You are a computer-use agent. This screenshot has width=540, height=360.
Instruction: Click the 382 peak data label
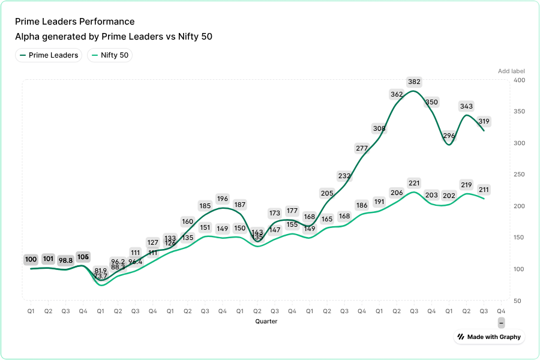[x=414, y=82]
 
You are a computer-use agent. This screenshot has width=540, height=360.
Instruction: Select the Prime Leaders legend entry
[x=49, y=55]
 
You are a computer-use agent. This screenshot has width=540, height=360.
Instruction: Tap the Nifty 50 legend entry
[x=110, y=55]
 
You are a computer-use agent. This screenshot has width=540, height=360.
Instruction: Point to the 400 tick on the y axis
[x=519, y=80]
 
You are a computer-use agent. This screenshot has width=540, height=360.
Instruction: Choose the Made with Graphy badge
[x=489, y=337]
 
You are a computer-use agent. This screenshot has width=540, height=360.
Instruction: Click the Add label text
[x=511, y=71]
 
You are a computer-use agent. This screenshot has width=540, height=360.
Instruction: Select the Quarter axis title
[x=266, y=322]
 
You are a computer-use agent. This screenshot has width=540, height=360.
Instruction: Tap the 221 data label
[x=414, y=183]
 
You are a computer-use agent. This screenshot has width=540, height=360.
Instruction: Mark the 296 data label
[x=449, y=136]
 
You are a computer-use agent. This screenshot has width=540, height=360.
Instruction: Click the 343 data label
[x=466, y=107]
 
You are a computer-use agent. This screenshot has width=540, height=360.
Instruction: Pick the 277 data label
[x=362, y=148]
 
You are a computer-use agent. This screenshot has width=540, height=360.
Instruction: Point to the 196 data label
[x=223, y=199]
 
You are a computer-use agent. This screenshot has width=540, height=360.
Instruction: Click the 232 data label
[x=344, y=176]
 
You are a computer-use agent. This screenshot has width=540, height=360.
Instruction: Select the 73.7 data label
[x=101, y=276]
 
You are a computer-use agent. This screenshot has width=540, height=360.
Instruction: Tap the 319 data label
[x=484, y=122]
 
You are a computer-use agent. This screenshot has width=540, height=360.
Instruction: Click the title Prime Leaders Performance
[x=74, y=22]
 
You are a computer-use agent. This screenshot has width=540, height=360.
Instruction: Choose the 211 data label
[x=484, y=190]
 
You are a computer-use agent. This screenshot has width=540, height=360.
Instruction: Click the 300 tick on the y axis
[x=519, y=143]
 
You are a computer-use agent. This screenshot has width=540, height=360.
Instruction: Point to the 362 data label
[x=397, y=94]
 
